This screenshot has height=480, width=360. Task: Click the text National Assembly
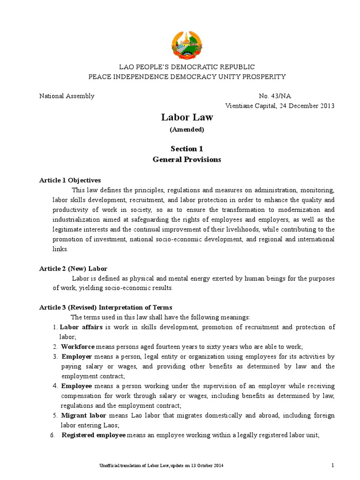pos(67,96)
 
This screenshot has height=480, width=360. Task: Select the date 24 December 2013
pos(307,105)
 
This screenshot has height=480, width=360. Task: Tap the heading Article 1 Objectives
pos(70,180)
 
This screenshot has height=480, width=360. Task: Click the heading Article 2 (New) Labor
pos(73,269)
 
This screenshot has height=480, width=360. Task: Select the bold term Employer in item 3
pos(76,357)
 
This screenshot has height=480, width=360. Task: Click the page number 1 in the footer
pos(332,465)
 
